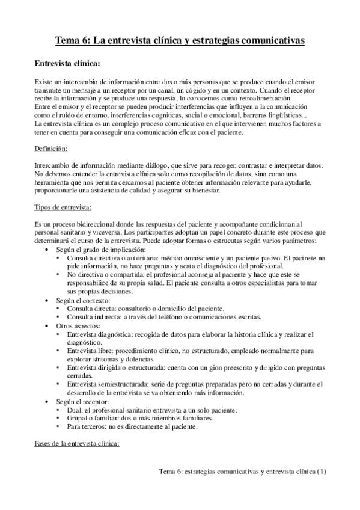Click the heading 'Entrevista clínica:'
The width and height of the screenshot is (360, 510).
[x=67, y=63]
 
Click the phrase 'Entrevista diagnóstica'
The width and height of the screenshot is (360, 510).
[x=101, y=334]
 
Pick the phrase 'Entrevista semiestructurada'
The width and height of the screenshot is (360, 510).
[x=109, y=384]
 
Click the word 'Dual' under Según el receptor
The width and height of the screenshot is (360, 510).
[x=75, y=410]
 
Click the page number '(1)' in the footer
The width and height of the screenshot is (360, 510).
[x=322, y=472]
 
